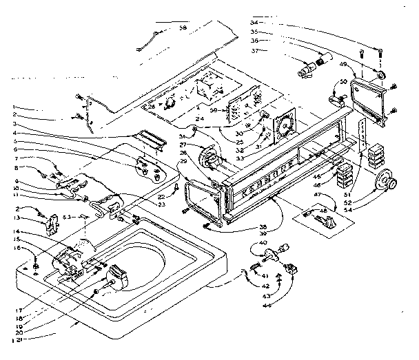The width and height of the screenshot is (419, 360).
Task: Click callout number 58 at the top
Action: pos(183,28)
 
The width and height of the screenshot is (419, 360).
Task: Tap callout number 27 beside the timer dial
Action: pos(184,145)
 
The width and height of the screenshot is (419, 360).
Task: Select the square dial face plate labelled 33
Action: pos(283,127)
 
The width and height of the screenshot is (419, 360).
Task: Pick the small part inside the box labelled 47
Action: pos(325,220)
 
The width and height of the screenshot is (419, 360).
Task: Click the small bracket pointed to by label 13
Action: pos(50,222)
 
